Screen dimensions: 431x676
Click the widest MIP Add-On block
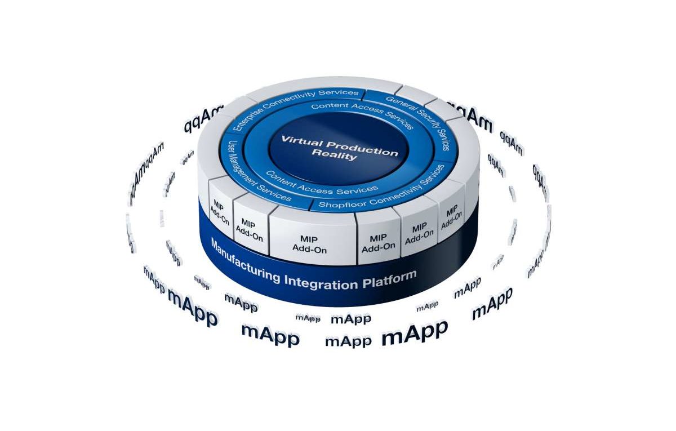(x=313, y=243)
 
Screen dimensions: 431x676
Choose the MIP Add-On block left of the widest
(x=248, y=229)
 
